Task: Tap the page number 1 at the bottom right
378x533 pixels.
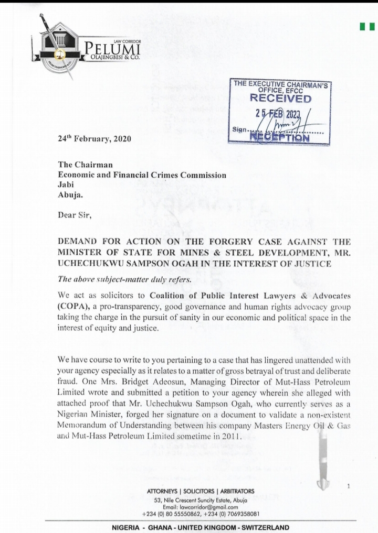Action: pyautogui.click(x=349, y=487)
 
